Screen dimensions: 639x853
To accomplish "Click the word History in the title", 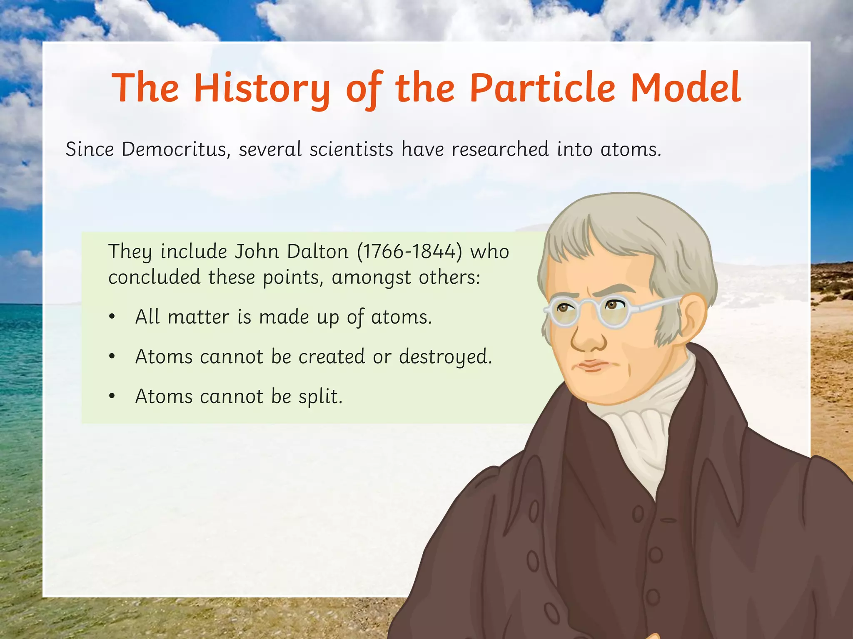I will coord(262,88).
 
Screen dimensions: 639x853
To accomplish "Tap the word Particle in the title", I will coord(542,88).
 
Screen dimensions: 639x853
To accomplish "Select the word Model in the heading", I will coord(686,88).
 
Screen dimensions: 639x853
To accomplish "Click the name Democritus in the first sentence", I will coord(174,149).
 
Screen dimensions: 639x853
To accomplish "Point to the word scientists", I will coord(351,149).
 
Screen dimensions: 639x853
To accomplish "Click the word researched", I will coord(500,149).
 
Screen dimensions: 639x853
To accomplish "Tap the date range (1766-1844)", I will coord(410,252).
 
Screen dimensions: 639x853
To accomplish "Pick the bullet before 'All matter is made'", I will coord(112,317).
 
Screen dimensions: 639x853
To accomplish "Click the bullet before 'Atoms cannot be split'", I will coord(112,397).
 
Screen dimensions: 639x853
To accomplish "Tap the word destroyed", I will coord(445,357).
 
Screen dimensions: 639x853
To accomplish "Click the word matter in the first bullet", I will coord(199,317).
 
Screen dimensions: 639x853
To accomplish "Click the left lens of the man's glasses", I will coord(564,313).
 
